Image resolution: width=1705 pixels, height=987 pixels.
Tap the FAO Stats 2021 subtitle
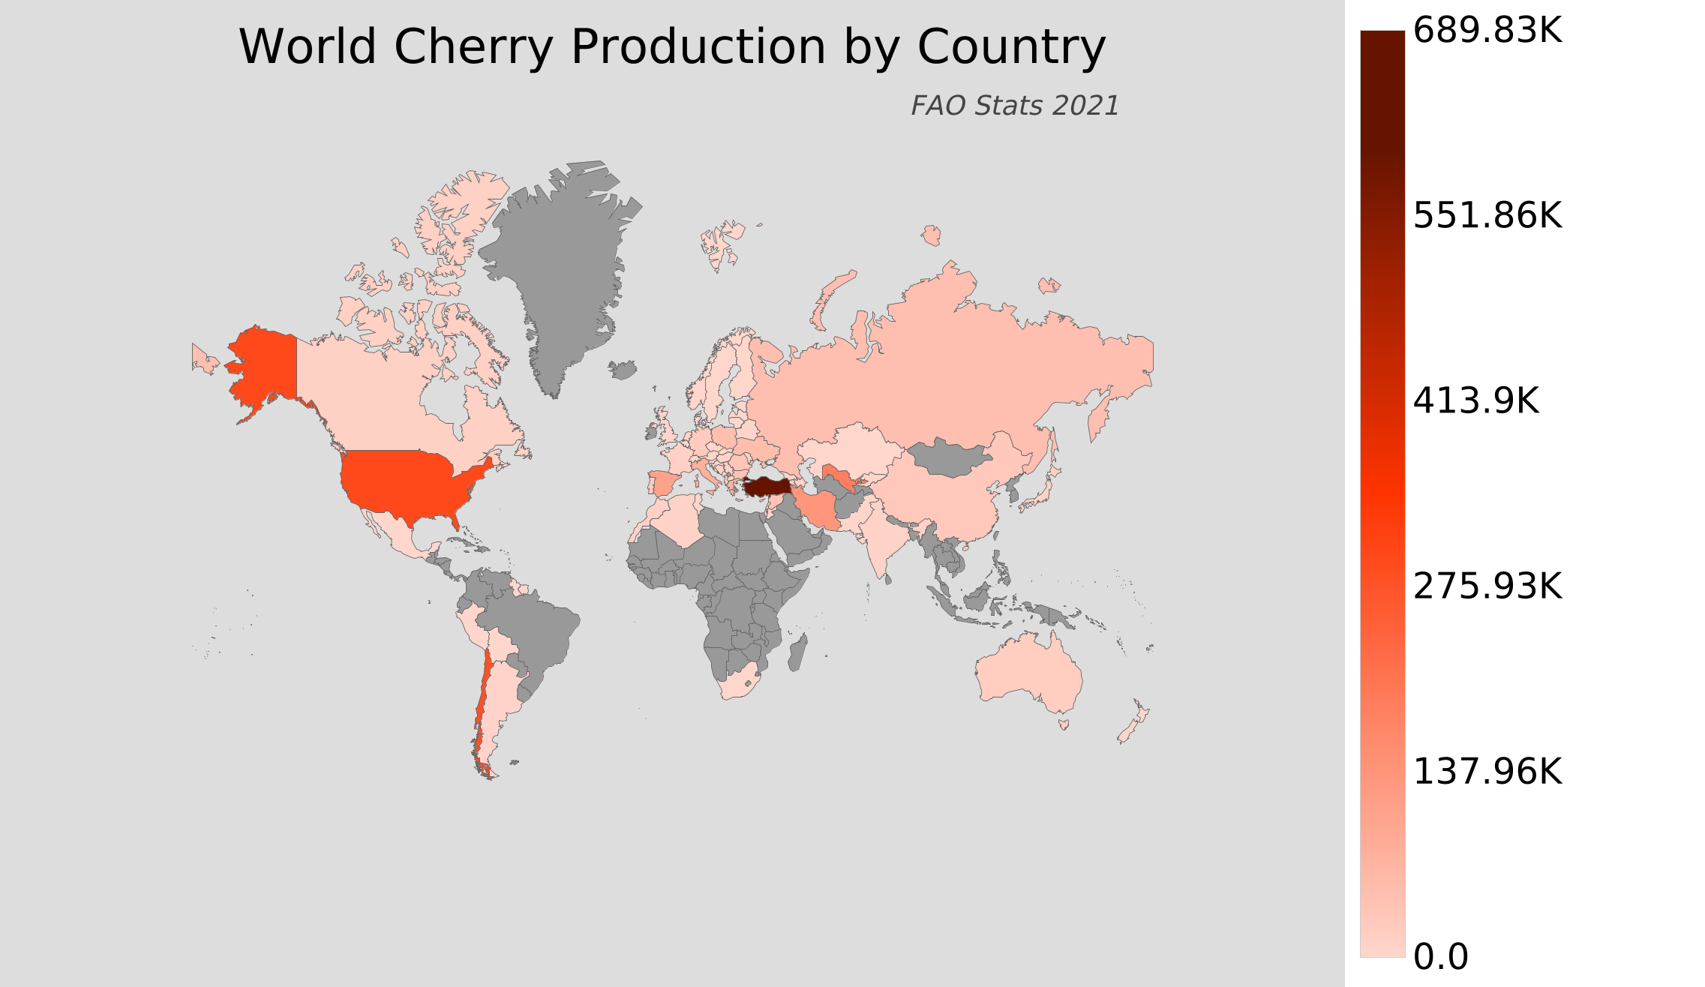click(x=1014, y=106)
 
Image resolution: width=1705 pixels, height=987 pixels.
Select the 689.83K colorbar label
click(x=1487, y=31)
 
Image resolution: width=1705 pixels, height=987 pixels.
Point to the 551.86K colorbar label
click(x=1487, y=216)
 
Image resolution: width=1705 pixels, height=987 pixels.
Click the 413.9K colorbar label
click(x=1475, y=401)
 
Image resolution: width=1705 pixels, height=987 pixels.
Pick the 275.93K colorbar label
click(x=1487, y=586)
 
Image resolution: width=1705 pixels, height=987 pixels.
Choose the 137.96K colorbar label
click(x=1487, y=771)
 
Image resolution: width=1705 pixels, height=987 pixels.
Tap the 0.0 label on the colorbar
click(x=1440, y=957)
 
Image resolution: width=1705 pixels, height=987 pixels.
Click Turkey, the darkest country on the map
click(x=767, y=486)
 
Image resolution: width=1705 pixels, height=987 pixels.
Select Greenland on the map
click(x=563, y=262)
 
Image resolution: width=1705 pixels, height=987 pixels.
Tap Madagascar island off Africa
click(x=798, y=652)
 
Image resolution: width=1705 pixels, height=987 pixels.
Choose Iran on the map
click(x=818, y=510)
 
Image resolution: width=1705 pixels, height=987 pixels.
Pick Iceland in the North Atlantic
click(x=623, y=369)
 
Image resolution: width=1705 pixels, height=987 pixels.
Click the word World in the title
click(x=308, y=47)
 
